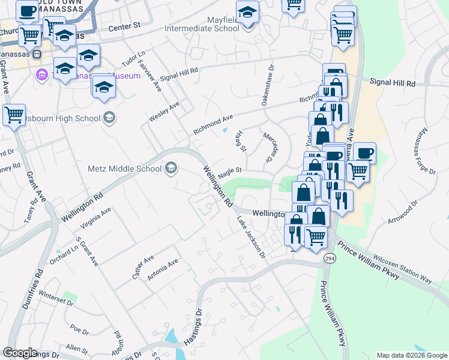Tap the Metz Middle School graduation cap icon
pyautogui.click(x=171, y=168)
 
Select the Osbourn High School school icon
pyautogui.click(x=109, y=118)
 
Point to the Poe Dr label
pyautogui.click(x=79, y=331)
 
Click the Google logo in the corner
pyautogui.click(x=19, y=353)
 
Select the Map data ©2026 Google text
pyautogui.click(x=412, y=355)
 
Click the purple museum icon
pyautogui.click(x=41, y=76)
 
